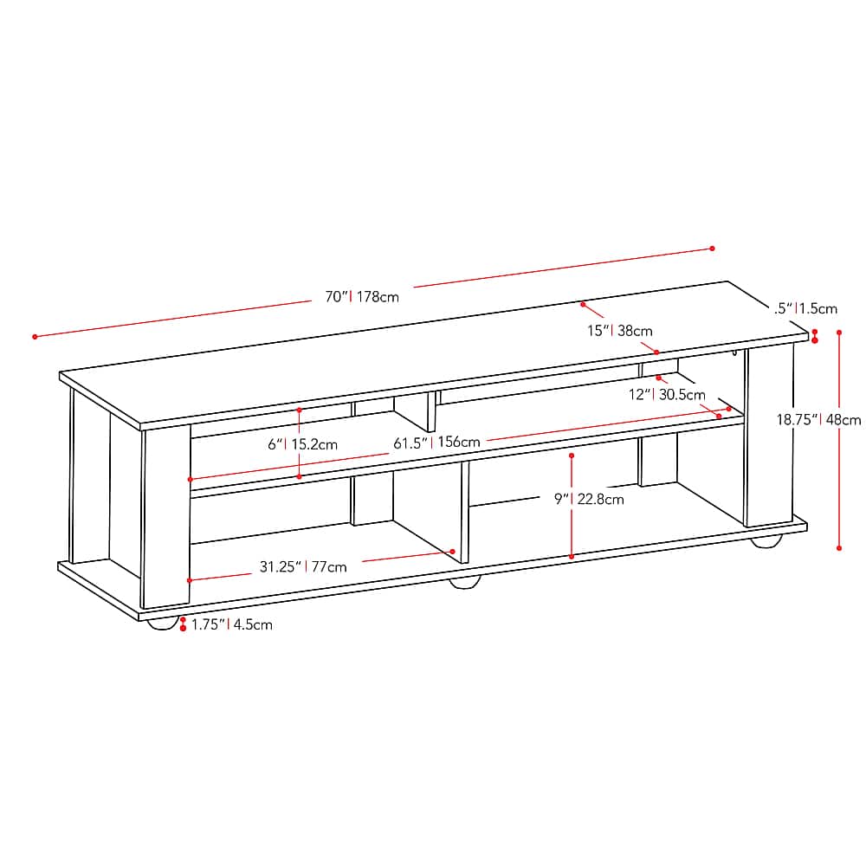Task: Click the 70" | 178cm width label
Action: (x=362, y=297)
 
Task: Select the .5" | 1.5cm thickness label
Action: (x=806, y=307)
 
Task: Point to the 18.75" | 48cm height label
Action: (x=818, y=420)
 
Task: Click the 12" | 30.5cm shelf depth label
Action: (x=667, y=395)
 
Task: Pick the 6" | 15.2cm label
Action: (x=302, y=444)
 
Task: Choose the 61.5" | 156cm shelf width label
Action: (x=436, y=443)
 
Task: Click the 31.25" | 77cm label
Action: (x=303, y=567)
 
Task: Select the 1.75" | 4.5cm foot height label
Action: (x=231, y=624)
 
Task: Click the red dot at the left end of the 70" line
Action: (x=36, y=336)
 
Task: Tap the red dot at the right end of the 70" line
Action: (x=712, y=249)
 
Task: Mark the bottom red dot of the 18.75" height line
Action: (x=839, y=547)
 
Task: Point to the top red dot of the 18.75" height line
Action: (x=839, y=332)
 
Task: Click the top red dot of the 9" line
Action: (x=572, y=454)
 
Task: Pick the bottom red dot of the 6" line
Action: (x=299, y=476)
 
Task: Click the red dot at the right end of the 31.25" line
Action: (x=453, y=551)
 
